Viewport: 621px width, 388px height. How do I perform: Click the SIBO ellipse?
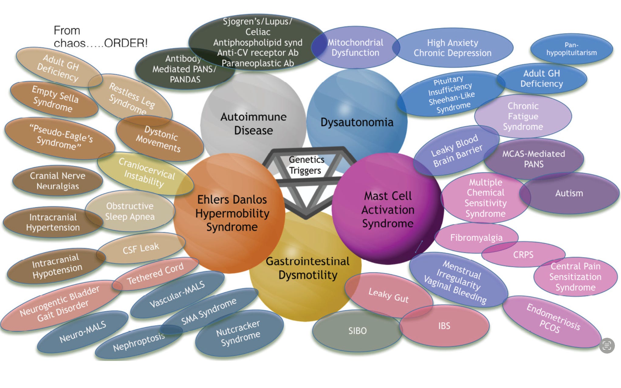coord(357,331)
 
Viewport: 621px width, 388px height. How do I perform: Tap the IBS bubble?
coord(444,326)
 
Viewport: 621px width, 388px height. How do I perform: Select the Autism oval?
coord(569,193)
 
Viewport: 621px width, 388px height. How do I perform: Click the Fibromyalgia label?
coord(476,237)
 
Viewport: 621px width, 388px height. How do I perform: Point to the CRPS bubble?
coord(523,254)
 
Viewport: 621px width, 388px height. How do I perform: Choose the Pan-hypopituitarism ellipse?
coord(571,49)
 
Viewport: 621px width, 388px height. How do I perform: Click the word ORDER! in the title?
coord(126,43)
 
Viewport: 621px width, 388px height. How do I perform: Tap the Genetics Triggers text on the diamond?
coord(306,165)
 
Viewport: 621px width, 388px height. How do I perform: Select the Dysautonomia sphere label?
coord(357,122)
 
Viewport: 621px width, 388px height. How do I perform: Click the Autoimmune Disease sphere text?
coord(253,124)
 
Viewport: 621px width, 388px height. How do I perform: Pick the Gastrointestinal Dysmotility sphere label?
coord(308,268)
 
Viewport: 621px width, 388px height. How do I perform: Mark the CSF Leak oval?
coord(141,248)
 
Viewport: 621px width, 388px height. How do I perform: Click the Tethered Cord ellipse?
coord(155,273)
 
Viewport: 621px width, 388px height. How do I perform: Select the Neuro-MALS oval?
coord(83,331)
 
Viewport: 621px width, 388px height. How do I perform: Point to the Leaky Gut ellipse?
coord(388,295)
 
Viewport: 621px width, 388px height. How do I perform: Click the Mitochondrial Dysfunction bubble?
coord(355,47)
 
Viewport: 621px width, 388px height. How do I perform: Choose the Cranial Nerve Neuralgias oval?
coord(57,181)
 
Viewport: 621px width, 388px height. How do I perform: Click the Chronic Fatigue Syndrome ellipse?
coord(523,116)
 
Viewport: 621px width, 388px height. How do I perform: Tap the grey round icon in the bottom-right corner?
coord(607,346)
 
